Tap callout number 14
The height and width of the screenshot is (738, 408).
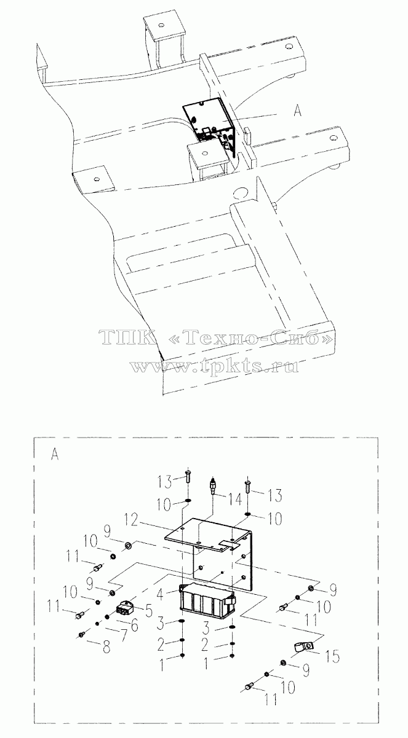[x=234, y=500]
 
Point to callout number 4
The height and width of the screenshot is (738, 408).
[x=160, y=594]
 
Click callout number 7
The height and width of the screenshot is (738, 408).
[x=122, y=635]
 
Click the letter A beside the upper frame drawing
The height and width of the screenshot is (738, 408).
[x=297, y=111]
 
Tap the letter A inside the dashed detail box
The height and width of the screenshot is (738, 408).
[x=55, y=454]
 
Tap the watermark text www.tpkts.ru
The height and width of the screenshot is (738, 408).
[x=215, y=366]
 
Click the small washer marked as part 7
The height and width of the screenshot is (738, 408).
[x=97, y=623]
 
